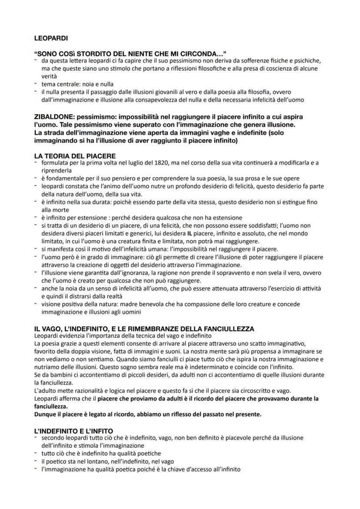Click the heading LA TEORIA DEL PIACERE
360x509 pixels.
(x=75, y=156)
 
